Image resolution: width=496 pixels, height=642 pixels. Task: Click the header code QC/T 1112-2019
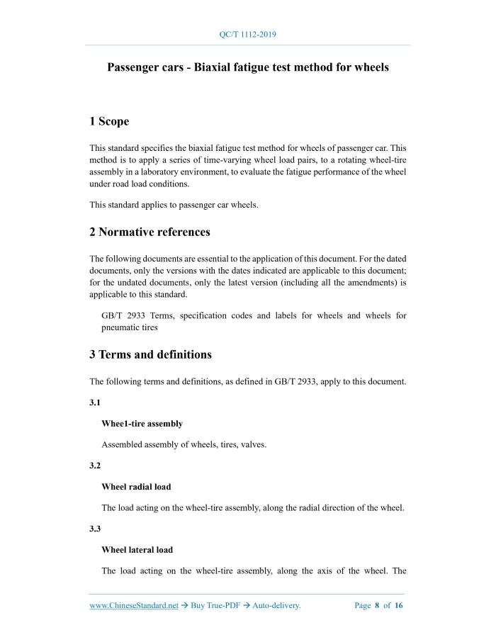point(247,34)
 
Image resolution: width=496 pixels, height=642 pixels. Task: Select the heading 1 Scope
point(109,121)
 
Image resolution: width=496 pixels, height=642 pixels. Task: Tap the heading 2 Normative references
point(150,232)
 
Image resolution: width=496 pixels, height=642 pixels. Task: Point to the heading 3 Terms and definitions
point(150,354)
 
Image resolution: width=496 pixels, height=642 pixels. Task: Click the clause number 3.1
point(95,402)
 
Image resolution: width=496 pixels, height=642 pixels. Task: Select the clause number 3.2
point(95,466)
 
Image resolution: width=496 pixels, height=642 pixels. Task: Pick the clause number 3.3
point(95,529)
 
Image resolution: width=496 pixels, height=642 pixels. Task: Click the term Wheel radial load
point(136,487)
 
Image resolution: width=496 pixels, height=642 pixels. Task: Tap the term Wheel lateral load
point(137,550)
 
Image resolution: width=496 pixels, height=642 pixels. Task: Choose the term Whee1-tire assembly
point(142,424)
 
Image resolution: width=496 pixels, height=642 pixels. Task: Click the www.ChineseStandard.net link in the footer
point(133,606)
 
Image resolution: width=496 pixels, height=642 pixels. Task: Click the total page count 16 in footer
point(399,606)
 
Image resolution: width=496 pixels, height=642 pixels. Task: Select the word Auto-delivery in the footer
point(276,606)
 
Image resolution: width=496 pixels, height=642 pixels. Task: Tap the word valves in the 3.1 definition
point(249,445)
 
